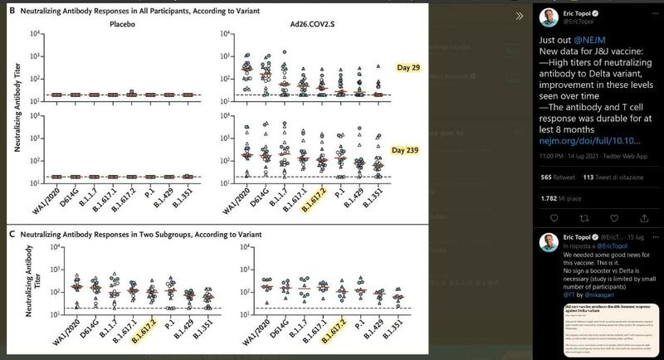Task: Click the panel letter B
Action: (x=8, y=11)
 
